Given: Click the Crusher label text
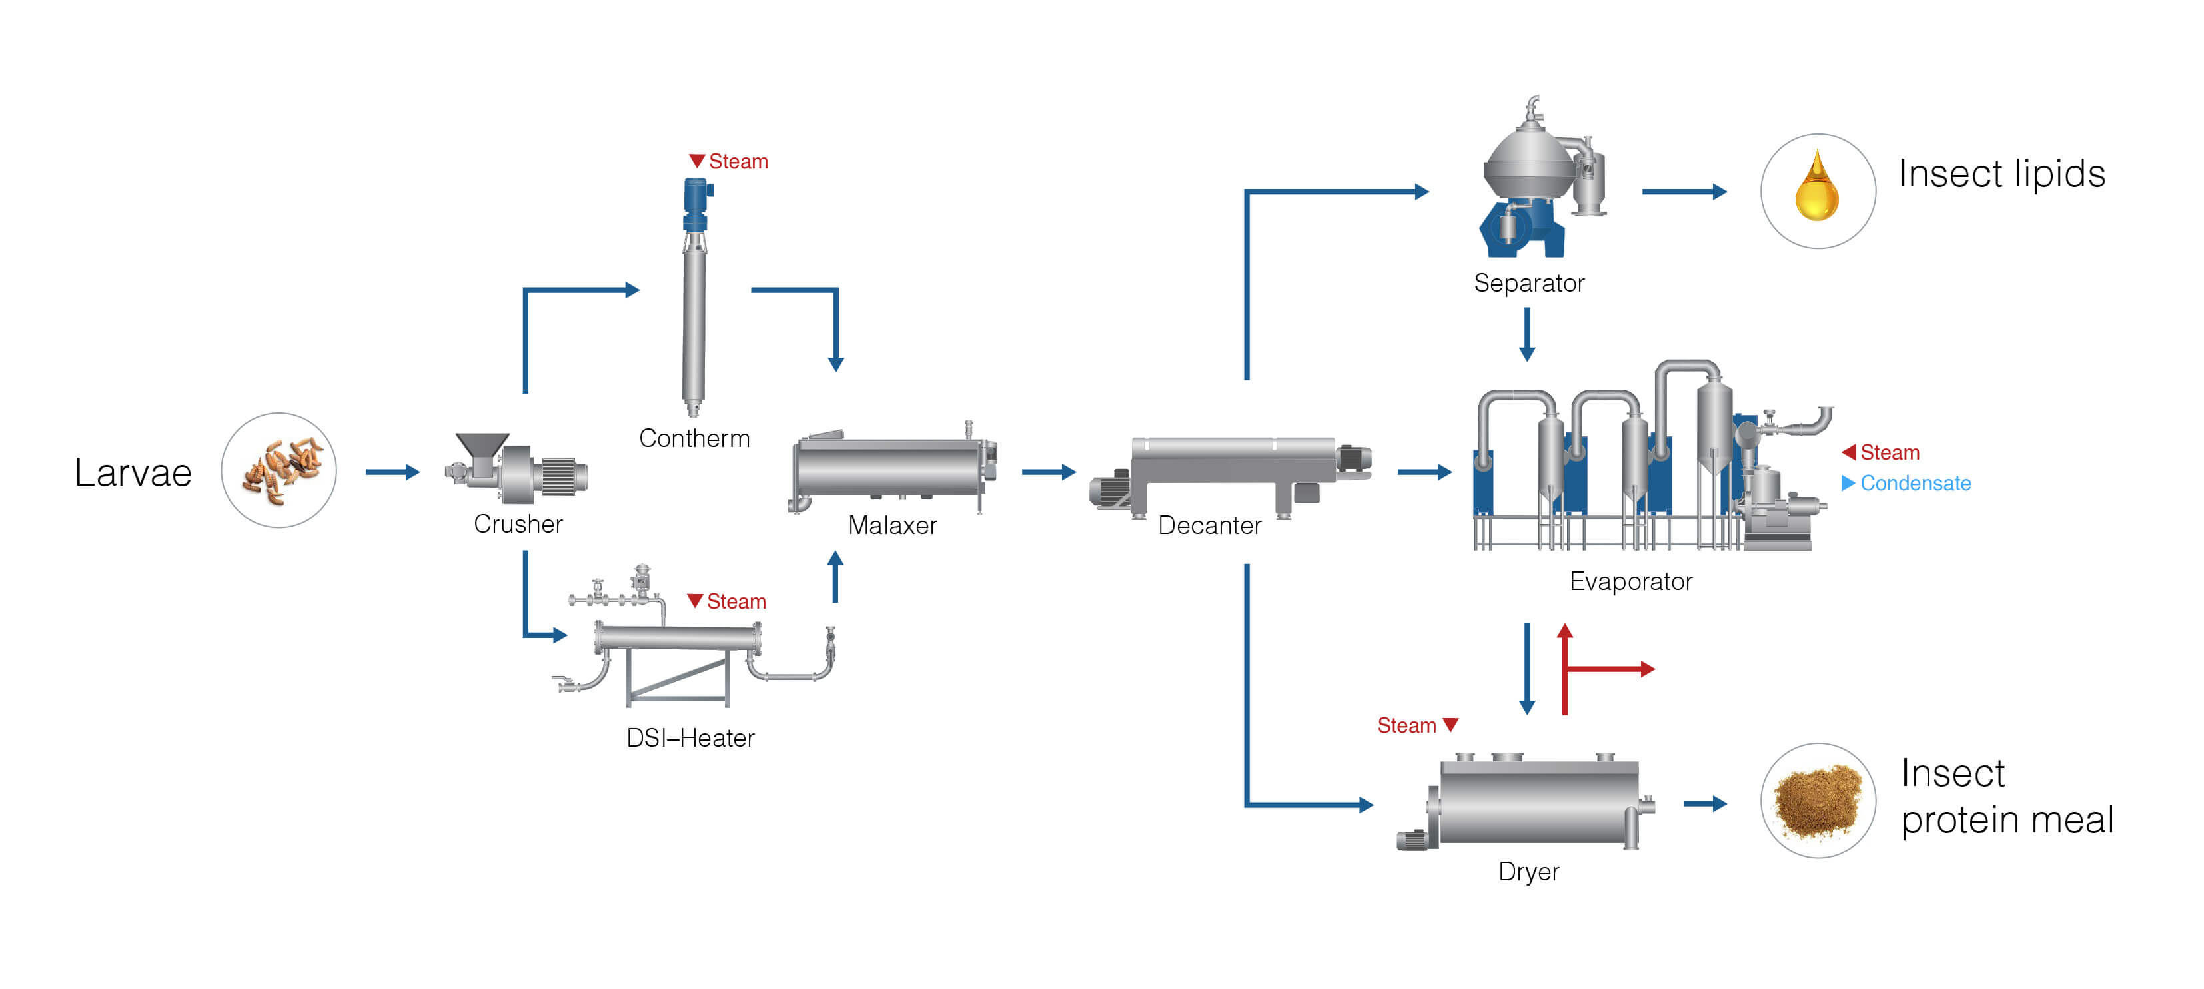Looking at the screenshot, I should tap(518, 523).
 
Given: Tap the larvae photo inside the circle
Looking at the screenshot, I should tap(279, 471).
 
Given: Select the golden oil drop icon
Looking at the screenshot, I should tap(1816, 188).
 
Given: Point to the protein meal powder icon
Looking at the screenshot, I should tap(1818, 801).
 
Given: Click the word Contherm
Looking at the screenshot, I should tap(694, 438).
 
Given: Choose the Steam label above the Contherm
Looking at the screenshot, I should tap(729, 161).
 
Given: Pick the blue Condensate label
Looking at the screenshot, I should tap(1914, 484).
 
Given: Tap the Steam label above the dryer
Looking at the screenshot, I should tap(1406, 725).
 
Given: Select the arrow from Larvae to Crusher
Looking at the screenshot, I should tap(392, 472).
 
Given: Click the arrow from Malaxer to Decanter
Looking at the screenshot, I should tap(1049, 472).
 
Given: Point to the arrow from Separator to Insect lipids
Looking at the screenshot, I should tap(1684, 192).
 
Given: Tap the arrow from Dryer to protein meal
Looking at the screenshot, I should tap(1705, 803).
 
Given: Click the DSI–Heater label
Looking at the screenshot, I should tap(690, 737).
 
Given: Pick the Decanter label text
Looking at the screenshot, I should tap(1209, 525).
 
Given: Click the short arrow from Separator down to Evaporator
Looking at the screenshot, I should tap(1526, 334).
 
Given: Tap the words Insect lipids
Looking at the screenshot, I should tap(2001, 174).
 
